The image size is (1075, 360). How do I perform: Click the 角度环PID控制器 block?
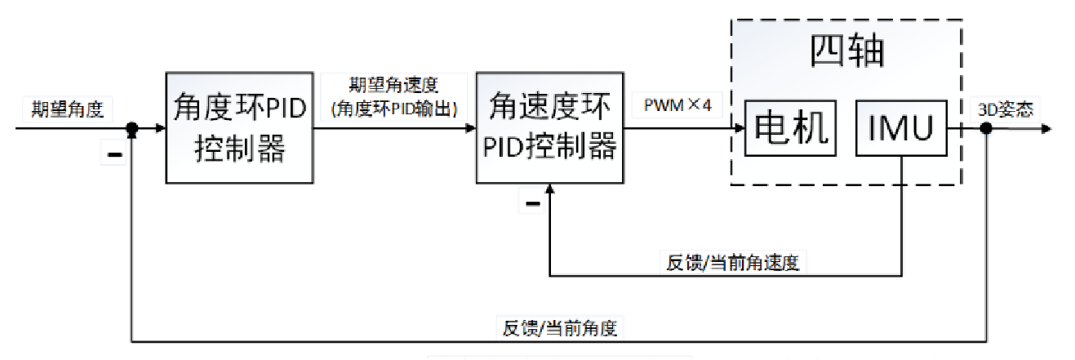[240, 128]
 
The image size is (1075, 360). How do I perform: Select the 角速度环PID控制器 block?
[549, 128]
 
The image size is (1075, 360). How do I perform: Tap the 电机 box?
[791, 128]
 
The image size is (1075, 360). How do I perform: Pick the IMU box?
[901, 128]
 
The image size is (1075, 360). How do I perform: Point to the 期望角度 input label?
[67, 109]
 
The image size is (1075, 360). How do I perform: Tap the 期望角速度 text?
[394, 86]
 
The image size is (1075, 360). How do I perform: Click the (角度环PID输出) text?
[394, 107]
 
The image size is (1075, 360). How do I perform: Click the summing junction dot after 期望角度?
[131, 128]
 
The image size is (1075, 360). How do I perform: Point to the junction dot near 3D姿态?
[986, 128]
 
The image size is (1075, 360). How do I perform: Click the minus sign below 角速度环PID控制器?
[533, 202]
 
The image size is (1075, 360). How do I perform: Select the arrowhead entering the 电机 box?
[739, 128]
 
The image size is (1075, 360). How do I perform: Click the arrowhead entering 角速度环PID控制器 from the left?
[470, 128]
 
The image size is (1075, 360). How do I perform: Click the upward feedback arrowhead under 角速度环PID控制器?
[549, 189]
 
